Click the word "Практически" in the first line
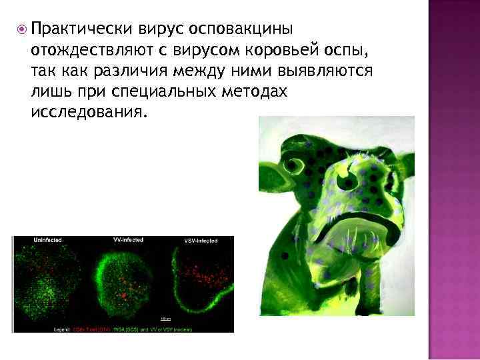(83, 29)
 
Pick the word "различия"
(141, 70)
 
